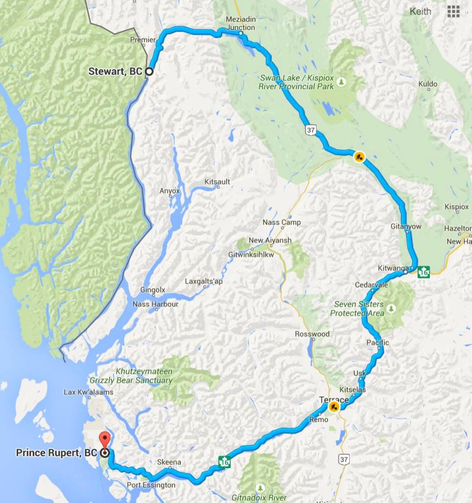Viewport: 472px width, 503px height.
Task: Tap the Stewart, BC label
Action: pyautogui.click(x=115, y=71)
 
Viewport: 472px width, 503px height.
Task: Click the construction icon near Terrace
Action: pyautogui.click(x=333, y=406)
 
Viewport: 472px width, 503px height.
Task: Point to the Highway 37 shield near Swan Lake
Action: pyautogui.click(x=310, y=130)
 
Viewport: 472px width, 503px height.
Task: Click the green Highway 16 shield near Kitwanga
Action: pyautogui.click(x=424, y=272)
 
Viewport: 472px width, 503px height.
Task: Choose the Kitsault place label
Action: pyautogui.click(x=217, y=181)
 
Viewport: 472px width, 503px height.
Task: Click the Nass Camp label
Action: pyautogui.click(x=281, y=222)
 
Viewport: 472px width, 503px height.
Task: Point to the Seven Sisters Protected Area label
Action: pyautogui.click(x=358, y=309)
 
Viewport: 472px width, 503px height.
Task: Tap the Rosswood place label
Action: pyautogui.click(x=312, y=334)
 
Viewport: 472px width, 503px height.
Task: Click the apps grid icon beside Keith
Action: pyautogui.click(x=454, y=11)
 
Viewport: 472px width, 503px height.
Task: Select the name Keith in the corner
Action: pyautogui.click(x=420, y=11)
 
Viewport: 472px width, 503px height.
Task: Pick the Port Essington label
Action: pyautogui.click(x=151, y=485)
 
